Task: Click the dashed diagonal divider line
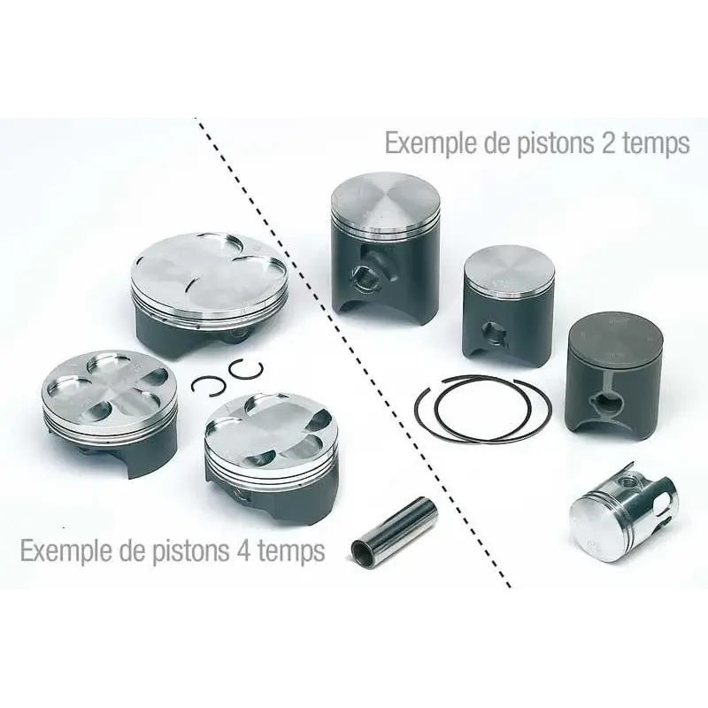point(354,354)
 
